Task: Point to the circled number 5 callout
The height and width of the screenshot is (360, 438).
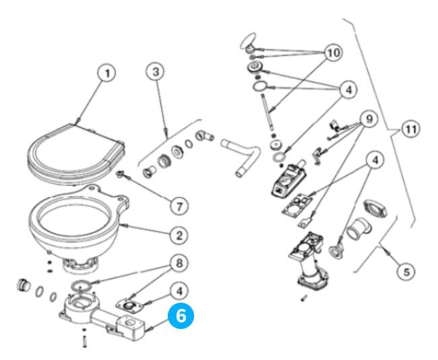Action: pyautogui.click(x=404, y=271)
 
